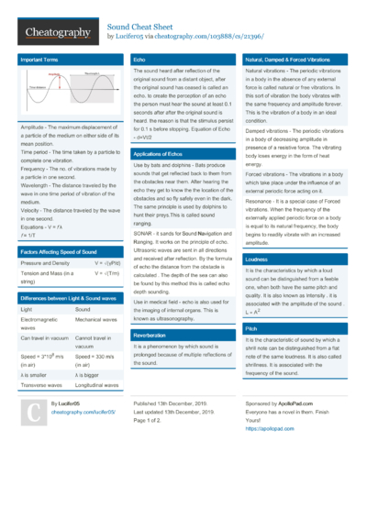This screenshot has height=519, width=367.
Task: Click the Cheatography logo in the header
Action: (x=55, y=33)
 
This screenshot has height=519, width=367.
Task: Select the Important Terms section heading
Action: (x=39, y=60)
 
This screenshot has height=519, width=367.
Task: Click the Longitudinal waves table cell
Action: (x=97, y=385)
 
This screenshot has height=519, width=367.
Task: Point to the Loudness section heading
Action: (x=256, y=259)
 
